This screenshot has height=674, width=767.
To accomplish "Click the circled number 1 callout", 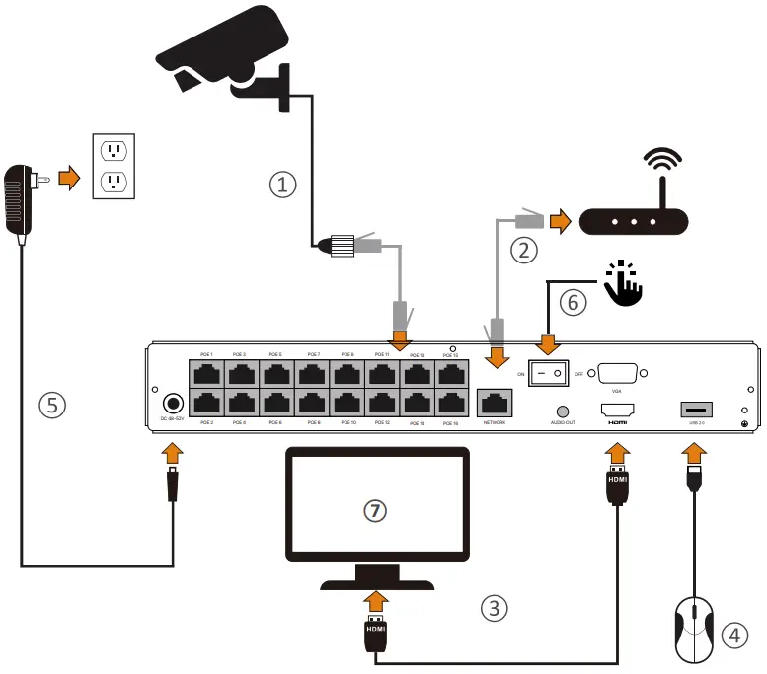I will [283, 184].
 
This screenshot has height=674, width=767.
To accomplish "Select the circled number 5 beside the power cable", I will [52, 405].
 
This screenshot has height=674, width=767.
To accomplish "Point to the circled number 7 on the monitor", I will [374, 510].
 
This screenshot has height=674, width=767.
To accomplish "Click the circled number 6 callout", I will [574, 304].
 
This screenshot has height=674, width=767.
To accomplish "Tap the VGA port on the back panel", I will [616, 374].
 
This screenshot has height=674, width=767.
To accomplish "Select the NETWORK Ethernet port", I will [493, 402].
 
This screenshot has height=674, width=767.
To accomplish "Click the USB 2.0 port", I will [694, 408].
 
